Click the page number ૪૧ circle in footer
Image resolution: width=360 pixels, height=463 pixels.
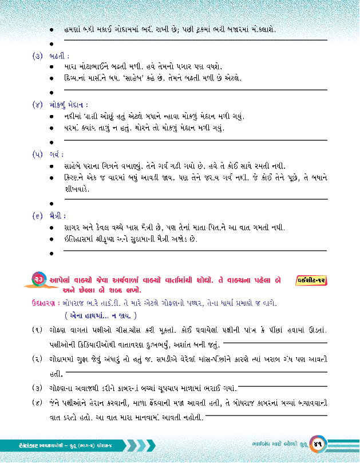(318, 444)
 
